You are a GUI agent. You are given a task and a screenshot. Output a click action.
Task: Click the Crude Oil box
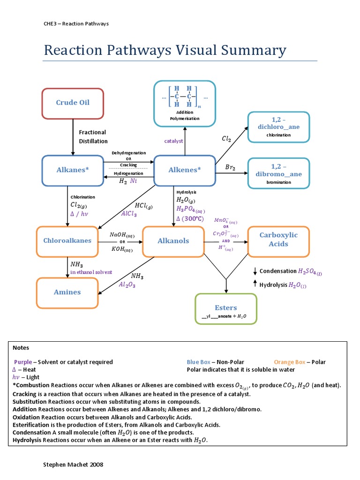(x=73, y=103)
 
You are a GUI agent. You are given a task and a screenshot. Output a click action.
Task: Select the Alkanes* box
(x=73, y=170)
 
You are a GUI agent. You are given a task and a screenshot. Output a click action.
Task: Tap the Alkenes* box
(x=184, y=170)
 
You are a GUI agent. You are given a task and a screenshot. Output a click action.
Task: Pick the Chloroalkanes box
(x=67, y=241)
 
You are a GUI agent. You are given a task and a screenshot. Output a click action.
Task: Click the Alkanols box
(x=173, y=241)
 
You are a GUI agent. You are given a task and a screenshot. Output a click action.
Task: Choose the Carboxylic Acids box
(x=278, y=240)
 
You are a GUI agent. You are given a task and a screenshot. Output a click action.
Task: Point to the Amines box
(x=67, y=292)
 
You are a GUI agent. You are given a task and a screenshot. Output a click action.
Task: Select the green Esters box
(x=226, y=309)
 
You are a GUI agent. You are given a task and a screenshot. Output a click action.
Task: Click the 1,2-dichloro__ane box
(x=278, y=127)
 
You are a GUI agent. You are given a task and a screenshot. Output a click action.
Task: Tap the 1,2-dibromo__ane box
(x=278, y=173)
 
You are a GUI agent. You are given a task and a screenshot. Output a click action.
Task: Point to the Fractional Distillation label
(x=93, y=136)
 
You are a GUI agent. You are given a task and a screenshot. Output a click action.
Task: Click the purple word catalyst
(x=173, y=141)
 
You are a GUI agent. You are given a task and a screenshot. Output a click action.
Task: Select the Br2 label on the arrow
(x=230, y=167)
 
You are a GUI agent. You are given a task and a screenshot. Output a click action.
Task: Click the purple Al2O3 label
(x=127, y=284)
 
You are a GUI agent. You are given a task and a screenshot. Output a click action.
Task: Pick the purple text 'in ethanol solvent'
(x=91, y=272)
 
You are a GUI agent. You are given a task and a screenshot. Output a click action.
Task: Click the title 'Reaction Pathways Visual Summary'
(x=165, y=50)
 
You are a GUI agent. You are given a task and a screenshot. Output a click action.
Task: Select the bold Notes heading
(x=21, y=348)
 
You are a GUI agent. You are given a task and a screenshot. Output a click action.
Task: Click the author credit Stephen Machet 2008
(x=73, y=464)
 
